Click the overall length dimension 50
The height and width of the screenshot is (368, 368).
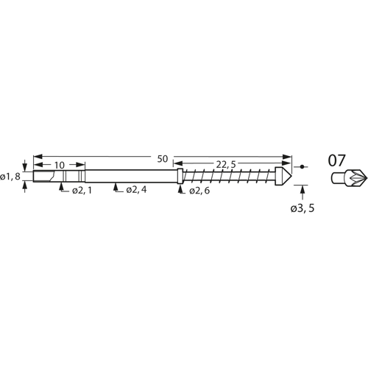click(x=162, y=158)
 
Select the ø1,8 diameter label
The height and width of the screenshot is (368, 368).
click(x=10, y=177)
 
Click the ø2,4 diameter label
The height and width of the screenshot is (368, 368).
click(x=137, y=190)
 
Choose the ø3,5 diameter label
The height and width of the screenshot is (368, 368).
click(x=303, y=210)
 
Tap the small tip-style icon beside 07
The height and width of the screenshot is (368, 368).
click(x=344, y=178)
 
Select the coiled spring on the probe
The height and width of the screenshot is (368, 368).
click(x=230, y=177)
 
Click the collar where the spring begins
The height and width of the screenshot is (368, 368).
click(x=180, y=177)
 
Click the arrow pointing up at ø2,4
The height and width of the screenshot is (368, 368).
click(x=116, y=188)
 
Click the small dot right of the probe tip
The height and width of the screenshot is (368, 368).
click(x=303, y=167)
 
